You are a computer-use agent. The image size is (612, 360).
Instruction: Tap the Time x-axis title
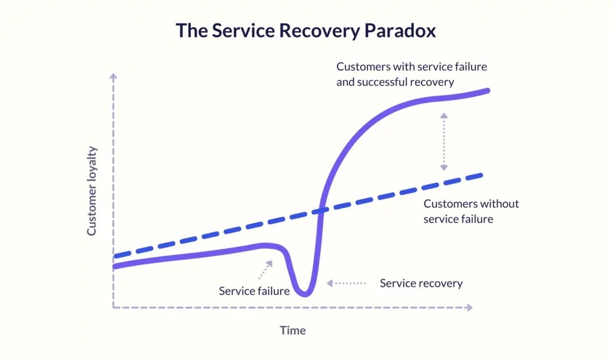point(293,330)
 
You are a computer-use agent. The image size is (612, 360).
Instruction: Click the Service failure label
point(254,291)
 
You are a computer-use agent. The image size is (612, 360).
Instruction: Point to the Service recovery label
point(421,283)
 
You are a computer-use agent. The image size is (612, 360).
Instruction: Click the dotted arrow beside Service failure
point(265,269)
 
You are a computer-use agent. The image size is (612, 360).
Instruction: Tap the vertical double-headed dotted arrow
point(443,141)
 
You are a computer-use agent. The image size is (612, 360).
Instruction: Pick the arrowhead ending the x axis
point(469,307)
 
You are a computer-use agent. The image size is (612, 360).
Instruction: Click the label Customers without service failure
point(471,211)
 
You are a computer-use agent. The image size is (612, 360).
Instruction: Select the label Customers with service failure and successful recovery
point(411,74)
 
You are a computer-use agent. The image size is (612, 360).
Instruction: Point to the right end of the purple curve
point(488,91)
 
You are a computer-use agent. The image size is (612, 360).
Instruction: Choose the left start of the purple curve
point(114,266)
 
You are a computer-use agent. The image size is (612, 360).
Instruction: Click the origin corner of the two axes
point(113,307)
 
